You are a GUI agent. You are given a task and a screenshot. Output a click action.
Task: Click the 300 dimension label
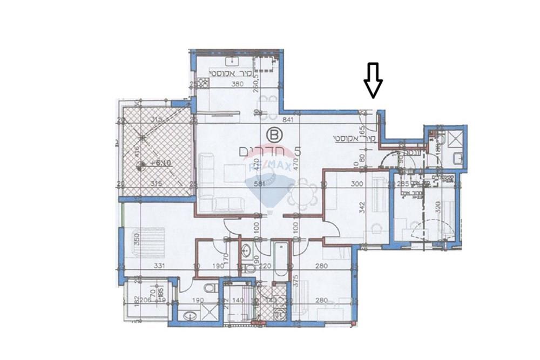tap(357, 184)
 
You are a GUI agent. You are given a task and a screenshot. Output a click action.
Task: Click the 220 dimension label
tap(265, 266)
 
